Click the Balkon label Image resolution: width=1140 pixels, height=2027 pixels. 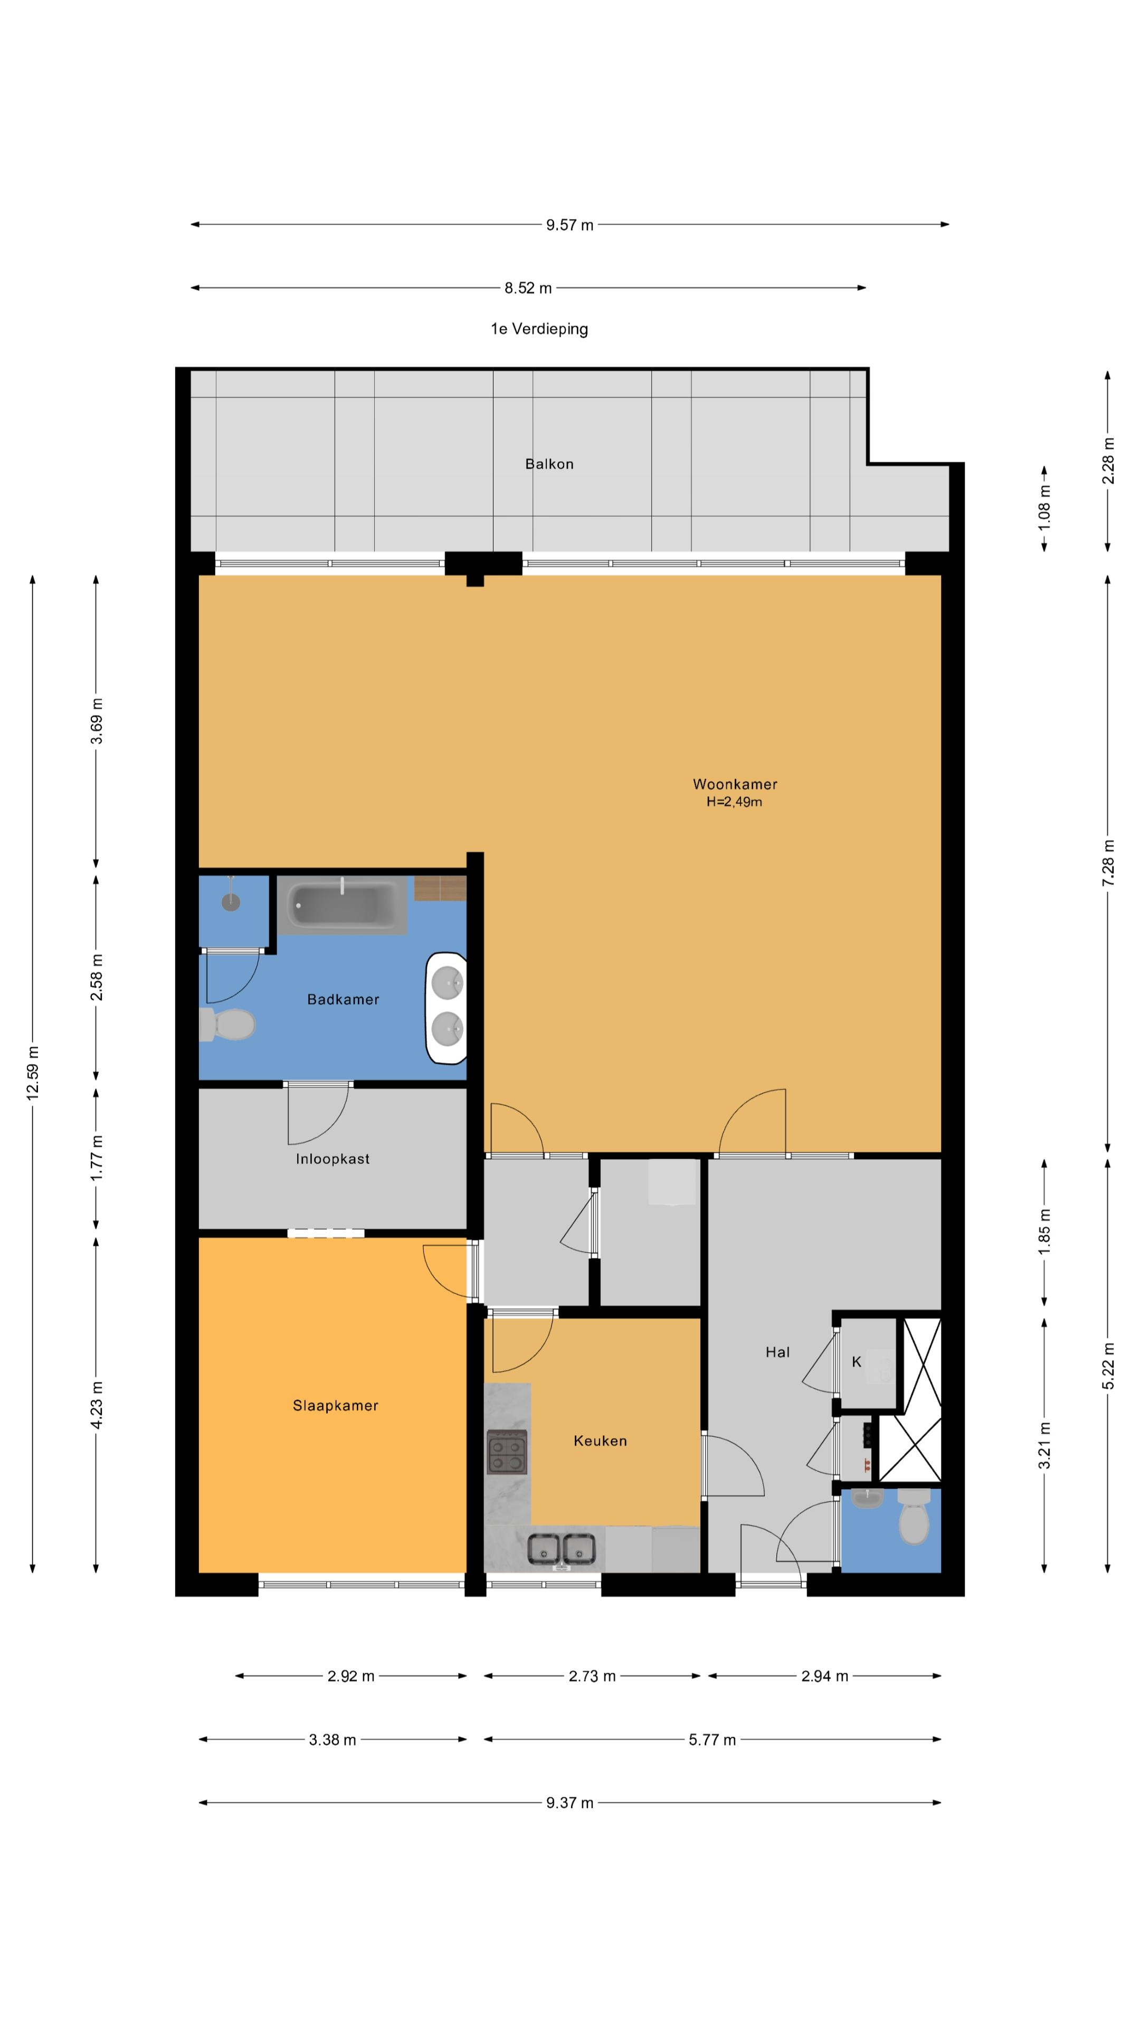pos(549,465)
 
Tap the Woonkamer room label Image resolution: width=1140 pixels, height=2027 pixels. pos(735,784)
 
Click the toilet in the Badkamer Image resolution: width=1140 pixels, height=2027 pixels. pos(227,1025)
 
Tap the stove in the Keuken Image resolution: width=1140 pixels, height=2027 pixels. pos(507,1452)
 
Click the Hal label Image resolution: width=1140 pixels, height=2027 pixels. pos(777,1352)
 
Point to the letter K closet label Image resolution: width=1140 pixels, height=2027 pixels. pos(856,1361)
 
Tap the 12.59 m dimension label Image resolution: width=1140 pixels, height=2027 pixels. pos(32,1073)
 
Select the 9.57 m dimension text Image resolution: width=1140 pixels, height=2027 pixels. pos(569,225)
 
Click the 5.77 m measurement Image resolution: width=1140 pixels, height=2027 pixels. pos(712,1740)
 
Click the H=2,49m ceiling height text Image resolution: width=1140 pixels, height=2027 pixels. pos(734,802)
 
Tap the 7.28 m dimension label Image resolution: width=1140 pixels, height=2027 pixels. pos(1108,863)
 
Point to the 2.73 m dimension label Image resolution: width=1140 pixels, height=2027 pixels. pos(592,1676)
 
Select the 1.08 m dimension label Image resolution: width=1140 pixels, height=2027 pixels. pos(1044,507)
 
